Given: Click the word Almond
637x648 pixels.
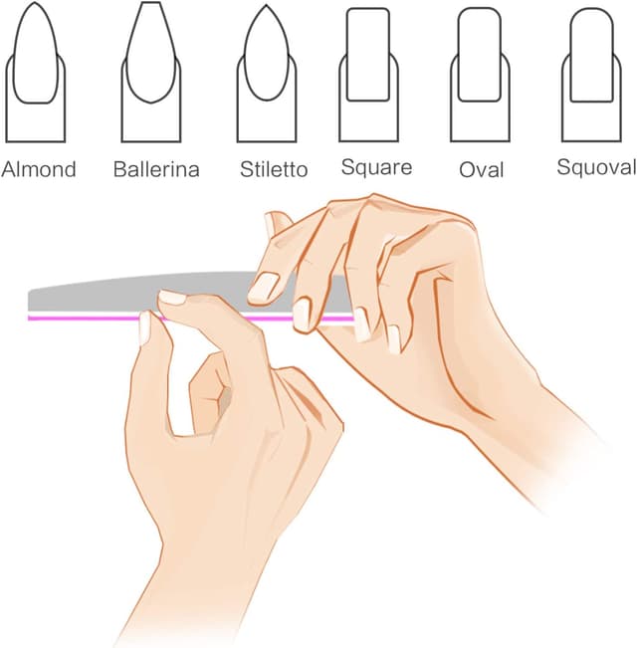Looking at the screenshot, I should coord(39,168).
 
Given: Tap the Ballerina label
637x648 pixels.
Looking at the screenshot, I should coord(155,168).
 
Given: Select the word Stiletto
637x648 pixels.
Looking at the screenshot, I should coord(273,168).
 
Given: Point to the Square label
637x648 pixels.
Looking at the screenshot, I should coord(376,166).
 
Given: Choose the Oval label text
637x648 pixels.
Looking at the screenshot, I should coord(482,169).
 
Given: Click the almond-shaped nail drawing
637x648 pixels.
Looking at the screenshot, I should coord(36,70).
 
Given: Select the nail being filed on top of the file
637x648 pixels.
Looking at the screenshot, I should coord(265,287).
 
